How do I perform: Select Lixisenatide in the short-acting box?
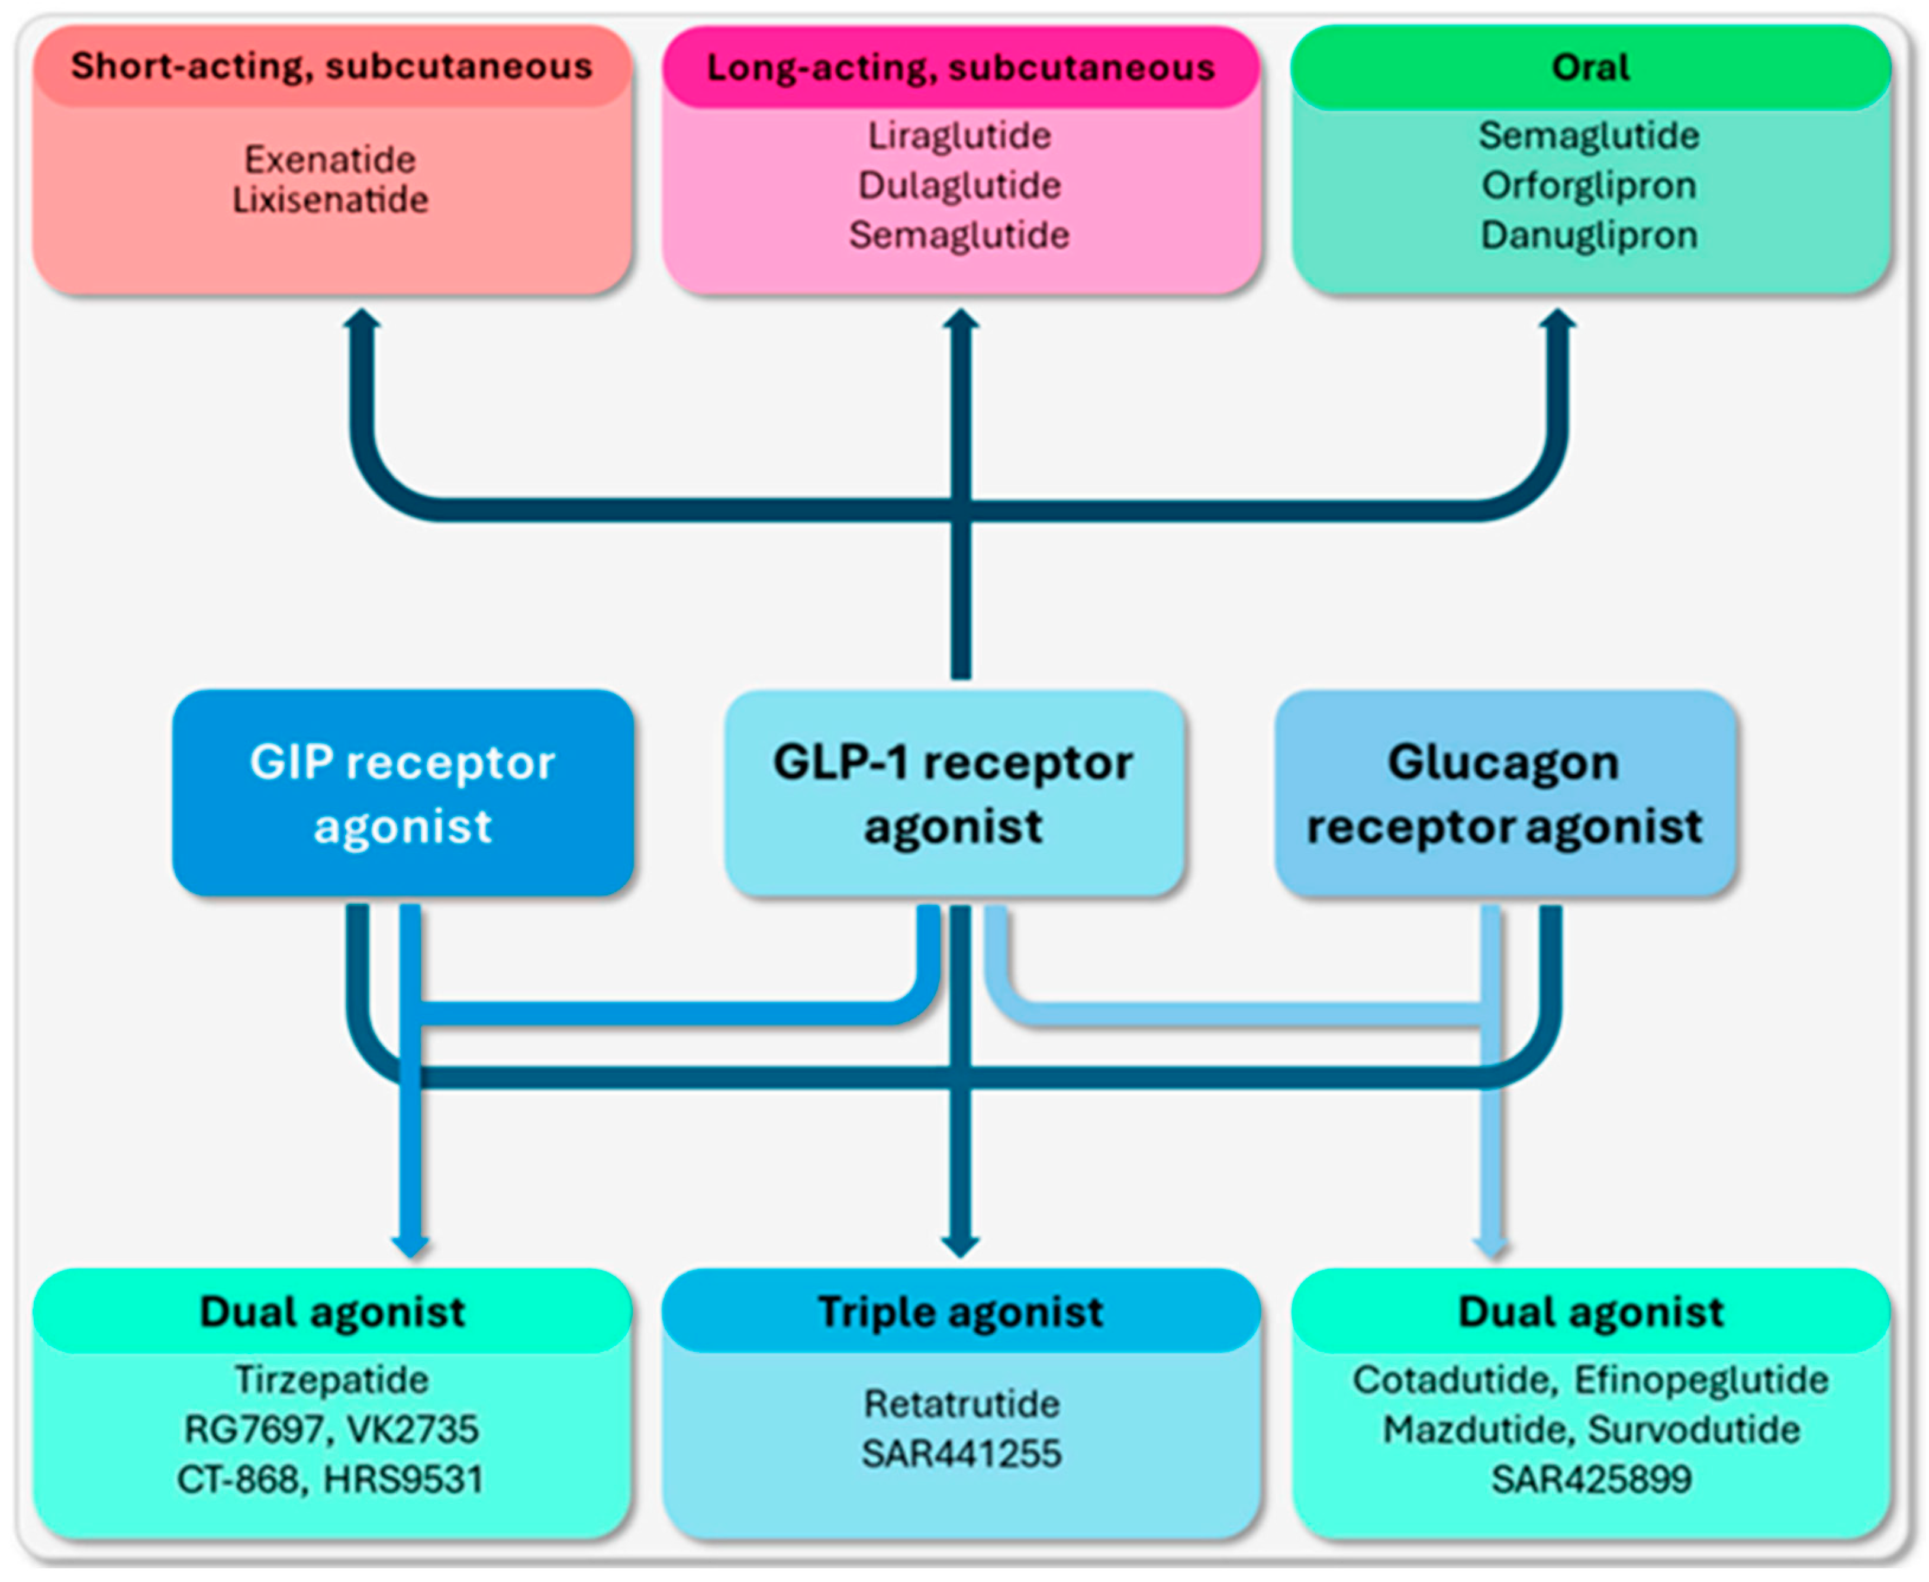329,199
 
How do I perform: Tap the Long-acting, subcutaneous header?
961,67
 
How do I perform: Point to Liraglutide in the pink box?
959,136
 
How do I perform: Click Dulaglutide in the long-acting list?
959,185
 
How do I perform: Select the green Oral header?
1589,67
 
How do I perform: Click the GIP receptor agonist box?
402,793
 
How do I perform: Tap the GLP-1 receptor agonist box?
953,793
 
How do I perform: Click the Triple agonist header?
961,1312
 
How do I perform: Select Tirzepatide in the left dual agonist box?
331,1380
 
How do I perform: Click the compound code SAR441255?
961,1454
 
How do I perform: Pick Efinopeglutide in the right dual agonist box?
1701,1380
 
